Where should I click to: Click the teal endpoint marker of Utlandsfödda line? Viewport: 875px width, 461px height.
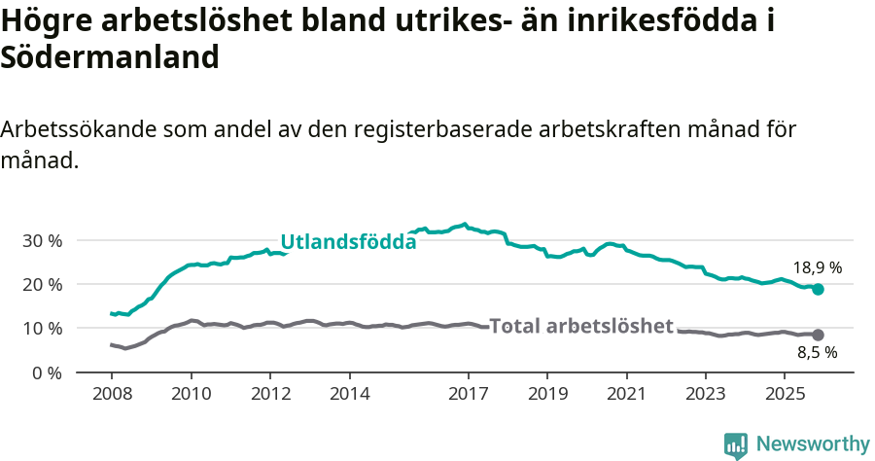click(x=818, y=289)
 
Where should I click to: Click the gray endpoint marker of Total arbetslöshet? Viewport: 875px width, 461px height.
click(x=818, y=335)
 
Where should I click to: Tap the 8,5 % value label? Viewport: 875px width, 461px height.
click(x=817, y=354)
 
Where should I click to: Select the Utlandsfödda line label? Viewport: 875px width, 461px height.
click(x=348, y=242)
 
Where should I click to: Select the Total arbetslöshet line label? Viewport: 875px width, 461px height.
click(x=581, y=326)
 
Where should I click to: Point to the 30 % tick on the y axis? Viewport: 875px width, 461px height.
click(x=42, y=240)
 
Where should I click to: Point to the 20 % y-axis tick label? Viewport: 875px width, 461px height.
click(x=42, y=284)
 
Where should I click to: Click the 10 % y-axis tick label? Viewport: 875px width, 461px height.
click(x=42, y=329)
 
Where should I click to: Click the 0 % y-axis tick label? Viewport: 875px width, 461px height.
click(x=47, y=372)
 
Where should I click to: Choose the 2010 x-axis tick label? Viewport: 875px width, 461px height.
click(x=191, y=395)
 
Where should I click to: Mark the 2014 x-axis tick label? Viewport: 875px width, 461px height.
click(x=349, y=395)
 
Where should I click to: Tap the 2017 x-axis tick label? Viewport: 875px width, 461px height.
click(x=468, y=395)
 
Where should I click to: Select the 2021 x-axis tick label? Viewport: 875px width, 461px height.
click(x=626, y=395)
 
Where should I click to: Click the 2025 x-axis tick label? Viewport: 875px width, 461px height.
click(x=785, y=395)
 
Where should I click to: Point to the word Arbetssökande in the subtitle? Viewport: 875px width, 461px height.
click(x=79, y=129)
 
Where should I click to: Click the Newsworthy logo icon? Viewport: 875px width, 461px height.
click(x=736, y=445)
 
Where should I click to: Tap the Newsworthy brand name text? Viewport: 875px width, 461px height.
click(x=813, y=444)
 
